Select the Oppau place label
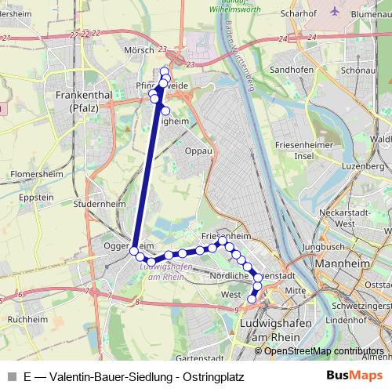click(199, 151)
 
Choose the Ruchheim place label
click(27, 320)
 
